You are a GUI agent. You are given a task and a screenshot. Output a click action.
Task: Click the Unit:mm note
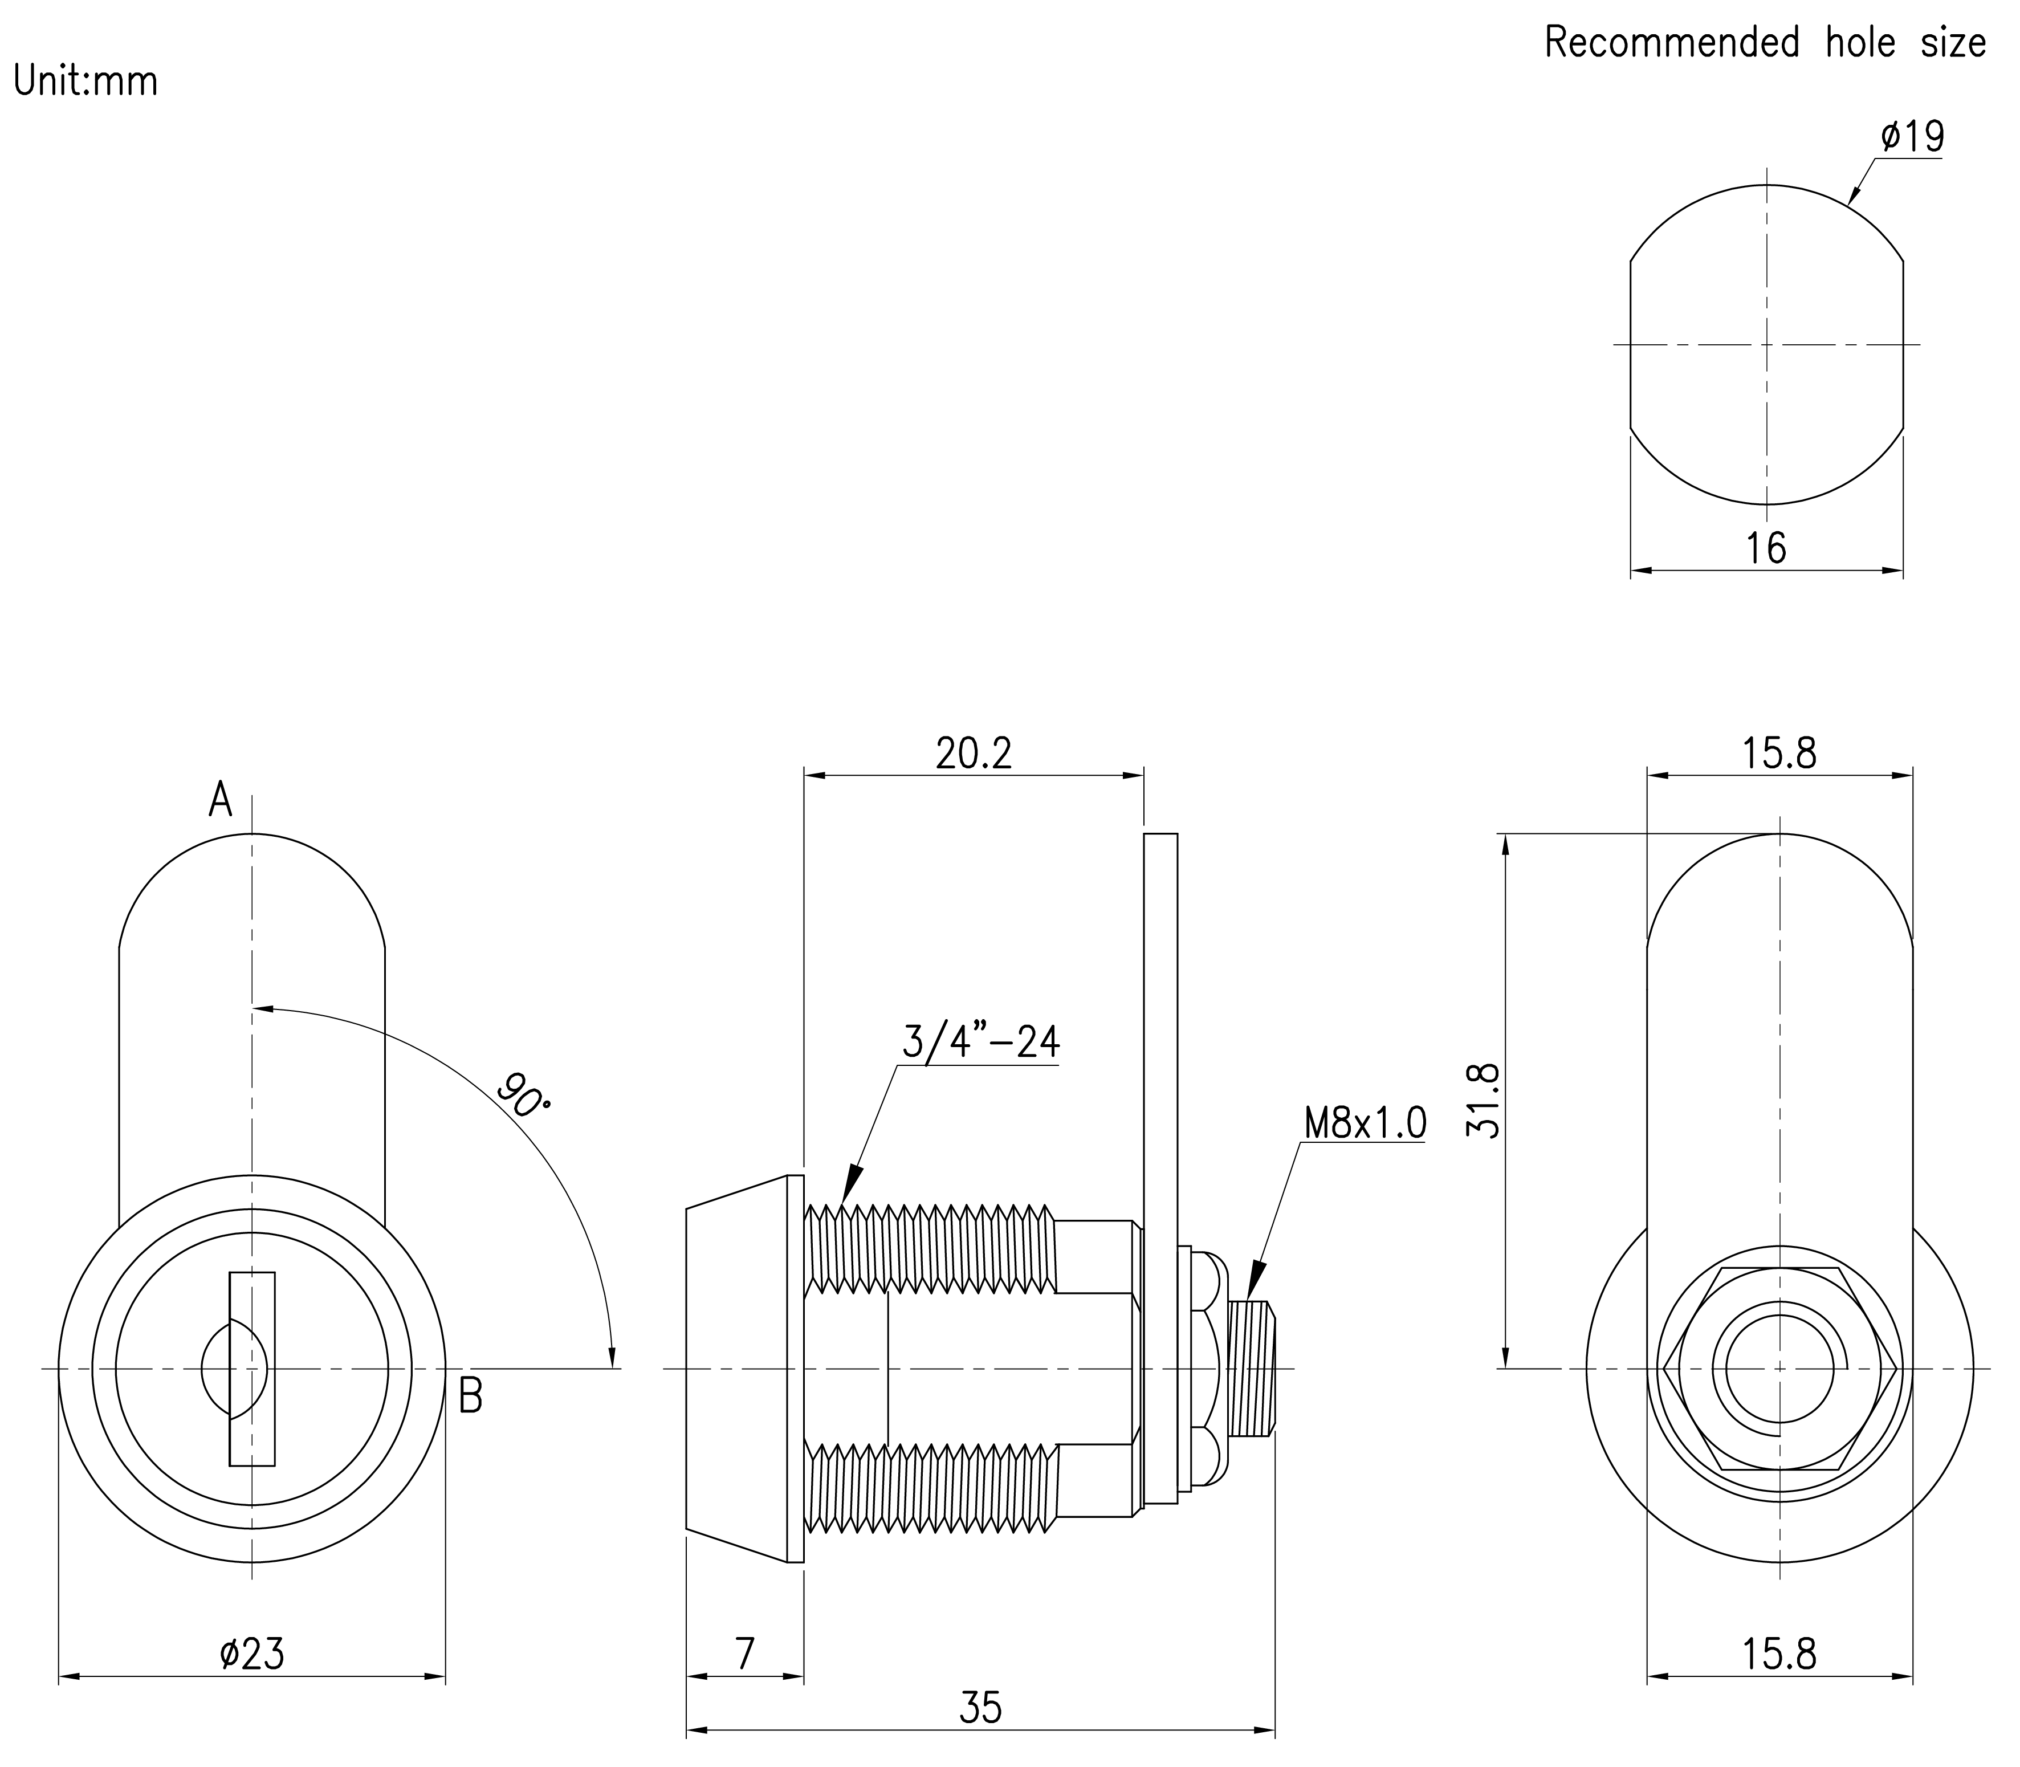pyautogui.click(x=85, y=81)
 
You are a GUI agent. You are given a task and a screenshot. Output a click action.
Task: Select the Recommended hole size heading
pyautogui.click(x=1765, y=42)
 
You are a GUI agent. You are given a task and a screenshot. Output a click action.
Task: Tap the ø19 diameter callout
pyautogui.click(x=1912, y=137)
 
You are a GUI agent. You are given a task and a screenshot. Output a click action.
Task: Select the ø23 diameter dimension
pyautogui.click(x=252, y=1654)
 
